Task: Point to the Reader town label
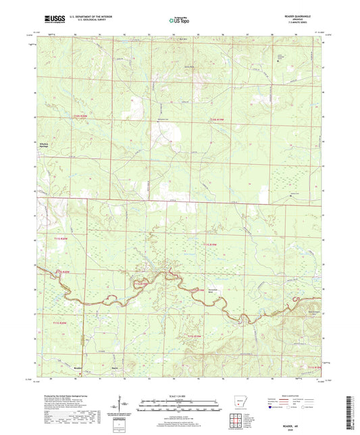click(78, 368)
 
